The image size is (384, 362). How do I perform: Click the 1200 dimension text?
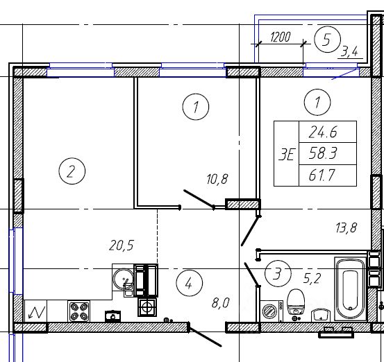[280, 37]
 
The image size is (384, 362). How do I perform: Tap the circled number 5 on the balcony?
[328, 40]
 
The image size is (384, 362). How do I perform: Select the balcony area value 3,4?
[350, 52]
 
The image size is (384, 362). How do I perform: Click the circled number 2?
[72, 171]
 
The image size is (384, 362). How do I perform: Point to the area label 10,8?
[217, 179]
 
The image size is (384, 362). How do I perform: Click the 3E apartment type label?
[286, 155]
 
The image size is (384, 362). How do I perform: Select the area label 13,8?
[347, 227]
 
